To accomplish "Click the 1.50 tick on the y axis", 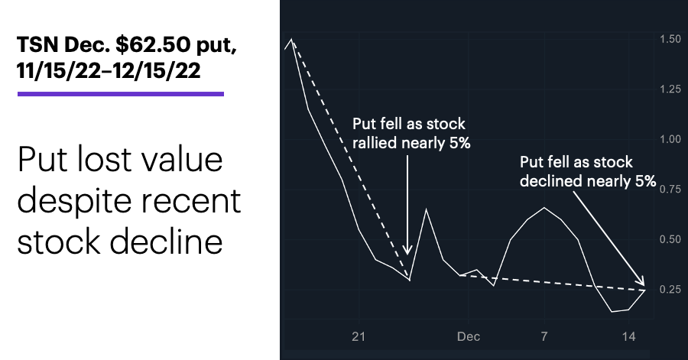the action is click(x=670, y=39).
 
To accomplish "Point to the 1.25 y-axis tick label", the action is click(x=670, y=89).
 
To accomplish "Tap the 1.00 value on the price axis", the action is click(x=670, y=139).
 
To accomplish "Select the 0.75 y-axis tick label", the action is click(x=670, y=189).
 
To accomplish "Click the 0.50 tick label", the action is click(x=670, y=239).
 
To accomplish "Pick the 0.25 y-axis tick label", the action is click(x=670, y=289).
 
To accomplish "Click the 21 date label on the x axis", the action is click(x=359, y=336).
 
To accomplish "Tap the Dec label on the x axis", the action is click(x=468, y=336).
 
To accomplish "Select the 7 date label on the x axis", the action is click(x=544, y=336).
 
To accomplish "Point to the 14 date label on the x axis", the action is click(x=629, y=336).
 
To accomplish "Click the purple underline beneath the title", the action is click(x=121, y=94).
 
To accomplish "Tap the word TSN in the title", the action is click(x=37, y=44).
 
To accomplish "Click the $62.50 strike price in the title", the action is click(x=153, y=44).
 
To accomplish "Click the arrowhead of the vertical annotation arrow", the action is click(x=407, y=251).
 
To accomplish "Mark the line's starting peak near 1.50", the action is click(x=292, y=40).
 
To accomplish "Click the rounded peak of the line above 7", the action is click(x=544, y=207).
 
